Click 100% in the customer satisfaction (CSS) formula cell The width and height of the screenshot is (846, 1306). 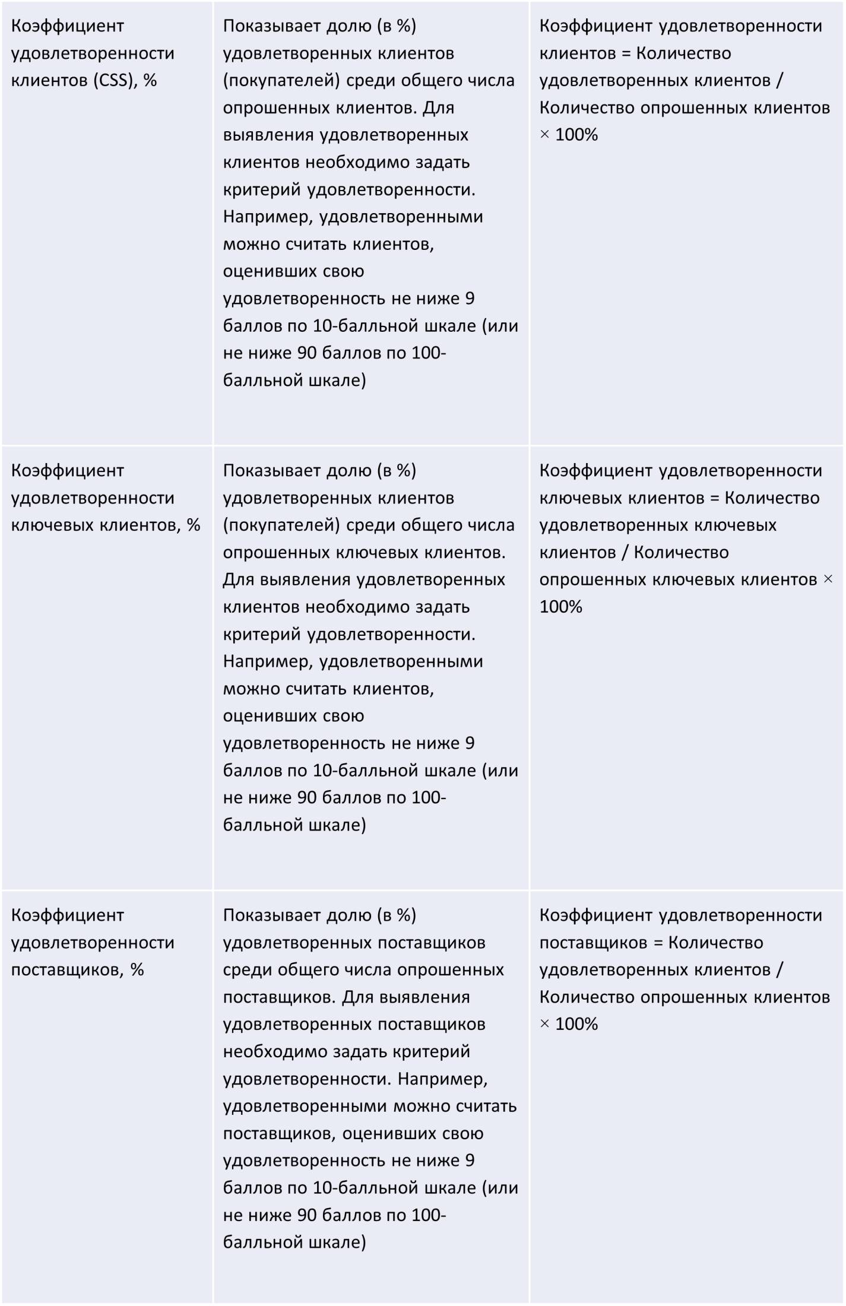[x=576, y=135]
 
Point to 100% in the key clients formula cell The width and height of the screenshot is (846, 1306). [x=560, y=607]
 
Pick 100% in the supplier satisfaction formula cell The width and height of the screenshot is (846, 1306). [x=576, y=1024]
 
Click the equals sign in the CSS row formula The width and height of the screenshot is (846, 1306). [x=625, y=53]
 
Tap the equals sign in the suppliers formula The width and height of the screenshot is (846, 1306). [x=657, y=943]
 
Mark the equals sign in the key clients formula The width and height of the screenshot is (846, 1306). [x=714, y=498]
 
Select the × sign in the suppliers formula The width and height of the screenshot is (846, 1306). [x=544, y=1024]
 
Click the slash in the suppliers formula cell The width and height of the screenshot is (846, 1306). [x=780, y=970]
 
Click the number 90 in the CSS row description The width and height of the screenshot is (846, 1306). [x=306, y=353]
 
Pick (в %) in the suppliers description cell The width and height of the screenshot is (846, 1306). [x=396, y=915]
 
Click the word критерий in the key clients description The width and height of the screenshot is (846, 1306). [x=262, y=634]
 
